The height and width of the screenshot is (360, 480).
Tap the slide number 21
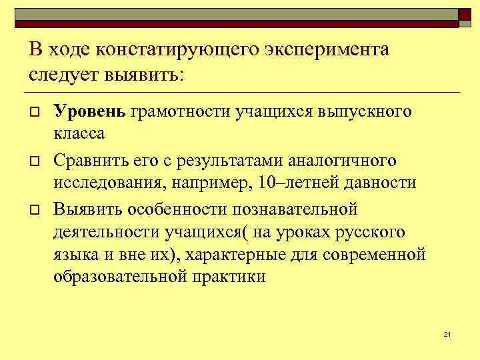447,334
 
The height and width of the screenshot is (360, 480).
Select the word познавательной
295,209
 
